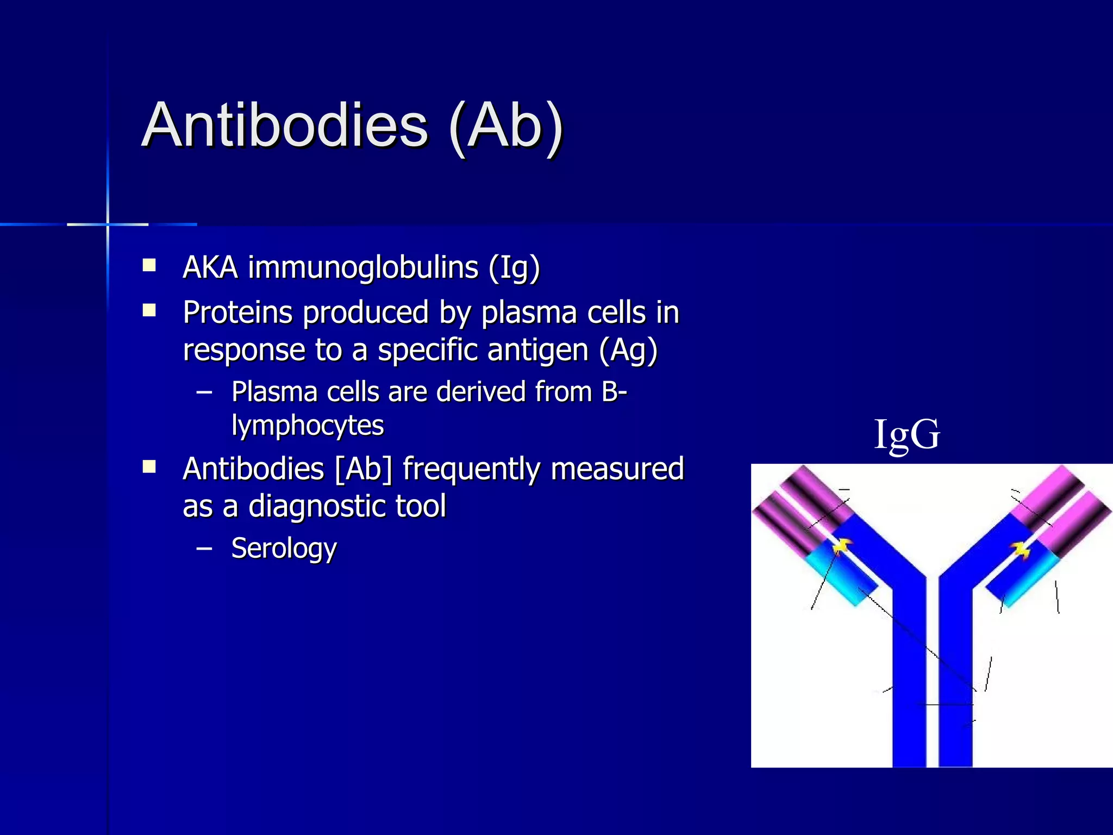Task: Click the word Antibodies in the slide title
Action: [x=285, y=126]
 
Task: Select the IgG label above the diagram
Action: [x=906, y=435]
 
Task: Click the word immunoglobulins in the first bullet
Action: [x=363, y=267]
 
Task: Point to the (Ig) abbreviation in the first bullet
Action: [x=514, y=269]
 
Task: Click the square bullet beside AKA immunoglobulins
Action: [x=149, y=266]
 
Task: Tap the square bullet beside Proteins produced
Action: [x=149, y=310]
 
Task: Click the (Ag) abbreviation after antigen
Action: [x=628, y=351]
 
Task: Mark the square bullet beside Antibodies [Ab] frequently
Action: [x=149, y=467]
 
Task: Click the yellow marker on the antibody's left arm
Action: [x=841, y=546]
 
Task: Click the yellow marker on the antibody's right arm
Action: [x=1021, y=550]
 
